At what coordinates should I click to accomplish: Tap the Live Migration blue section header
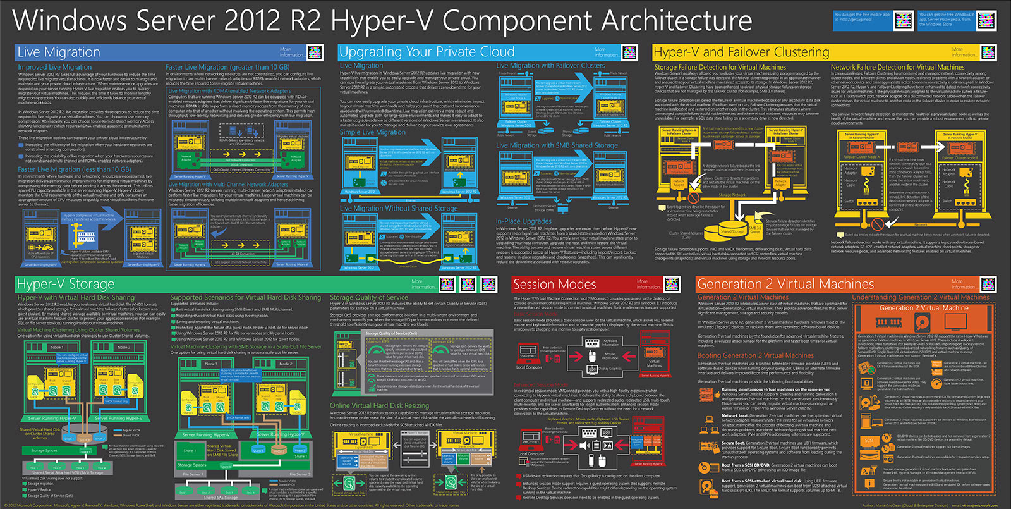pyautogui.click(x=59, y=52)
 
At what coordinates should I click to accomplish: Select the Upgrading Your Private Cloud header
pyautogui.click(x=427, y=52)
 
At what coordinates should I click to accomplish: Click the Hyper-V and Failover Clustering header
pyautogui.click(x=741, y=52)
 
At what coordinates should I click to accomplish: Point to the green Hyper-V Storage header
pyautogui.click(x=66, y=284)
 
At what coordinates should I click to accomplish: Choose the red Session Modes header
pyautogui.click(x=554, y=284)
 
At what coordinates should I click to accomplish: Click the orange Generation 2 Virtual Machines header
pyautogui.click(x=785, y=284)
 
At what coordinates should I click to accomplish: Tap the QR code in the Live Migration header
pyautogui.click(x=315, y=52)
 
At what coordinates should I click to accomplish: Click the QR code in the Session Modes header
pyautogui.click(x=672, y=284)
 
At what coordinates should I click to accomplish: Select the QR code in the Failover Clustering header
pyautogui.click(x=988, y=52)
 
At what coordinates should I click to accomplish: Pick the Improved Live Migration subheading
pyautogui.click(x=54, y=67)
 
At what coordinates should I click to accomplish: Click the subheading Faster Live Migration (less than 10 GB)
pyautogui.click(x=75, y=169)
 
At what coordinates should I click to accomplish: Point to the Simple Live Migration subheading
pyautogui.click(x=373, y=132)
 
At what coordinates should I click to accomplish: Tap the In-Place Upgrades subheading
pyautogui.click(x=524, y=221)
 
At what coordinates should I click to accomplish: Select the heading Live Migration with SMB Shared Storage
pyautogui.click(x=557, y=145)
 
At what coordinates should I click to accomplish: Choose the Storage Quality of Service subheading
pyautogui.click(x=369, y=297)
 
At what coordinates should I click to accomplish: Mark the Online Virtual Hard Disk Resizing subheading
pyautogui.click(x=379, y=405)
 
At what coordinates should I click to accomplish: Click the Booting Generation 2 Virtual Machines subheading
pyautogui.click(x=756, y=355)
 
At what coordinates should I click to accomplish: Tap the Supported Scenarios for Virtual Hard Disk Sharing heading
pyautogui.click(x=246, y=297)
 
